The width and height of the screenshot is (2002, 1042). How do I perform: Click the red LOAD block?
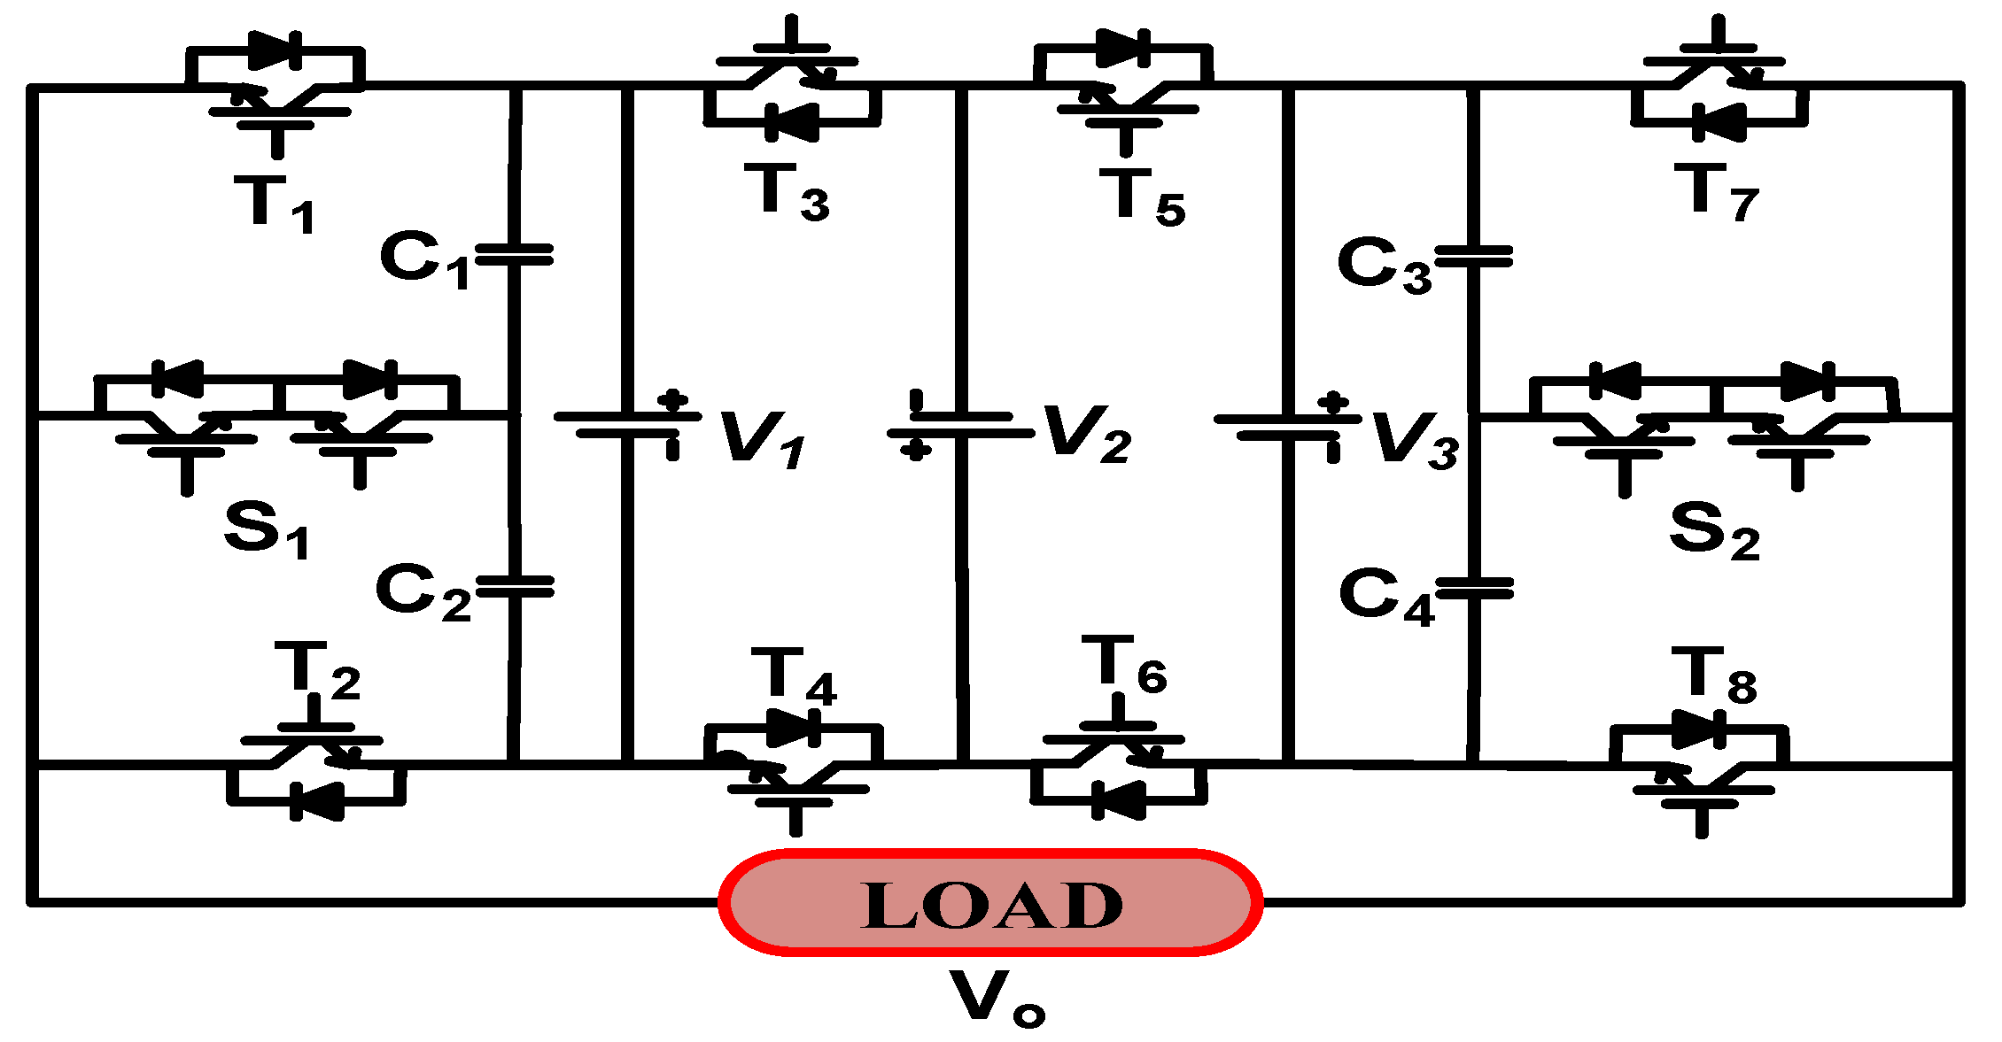click(x=990, y=903)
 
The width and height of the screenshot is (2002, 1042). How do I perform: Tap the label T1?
click(x=275, y=204)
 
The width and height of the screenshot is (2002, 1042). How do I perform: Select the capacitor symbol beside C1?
click(x=514, y=255)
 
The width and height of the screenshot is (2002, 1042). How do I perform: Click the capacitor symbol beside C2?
click(x=514, y=586)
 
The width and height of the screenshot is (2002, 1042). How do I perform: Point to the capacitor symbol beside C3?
click(x=1473, y=257)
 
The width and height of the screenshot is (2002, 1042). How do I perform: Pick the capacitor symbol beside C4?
click(x=1474, y=589)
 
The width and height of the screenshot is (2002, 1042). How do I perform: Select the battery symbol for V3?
click(x=1287, y=425)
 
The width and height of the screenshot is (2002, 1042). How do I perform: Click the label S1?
click(x=266, y=529)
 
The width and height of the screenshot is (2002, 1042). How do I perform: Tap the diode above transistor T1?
click(x=275, y=50)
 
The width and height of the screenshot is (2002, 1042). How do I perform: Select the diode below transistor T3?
click(x=791, y=122)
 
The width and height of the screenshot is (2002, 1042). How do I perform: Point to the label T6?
click(x=1125, y=666)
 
